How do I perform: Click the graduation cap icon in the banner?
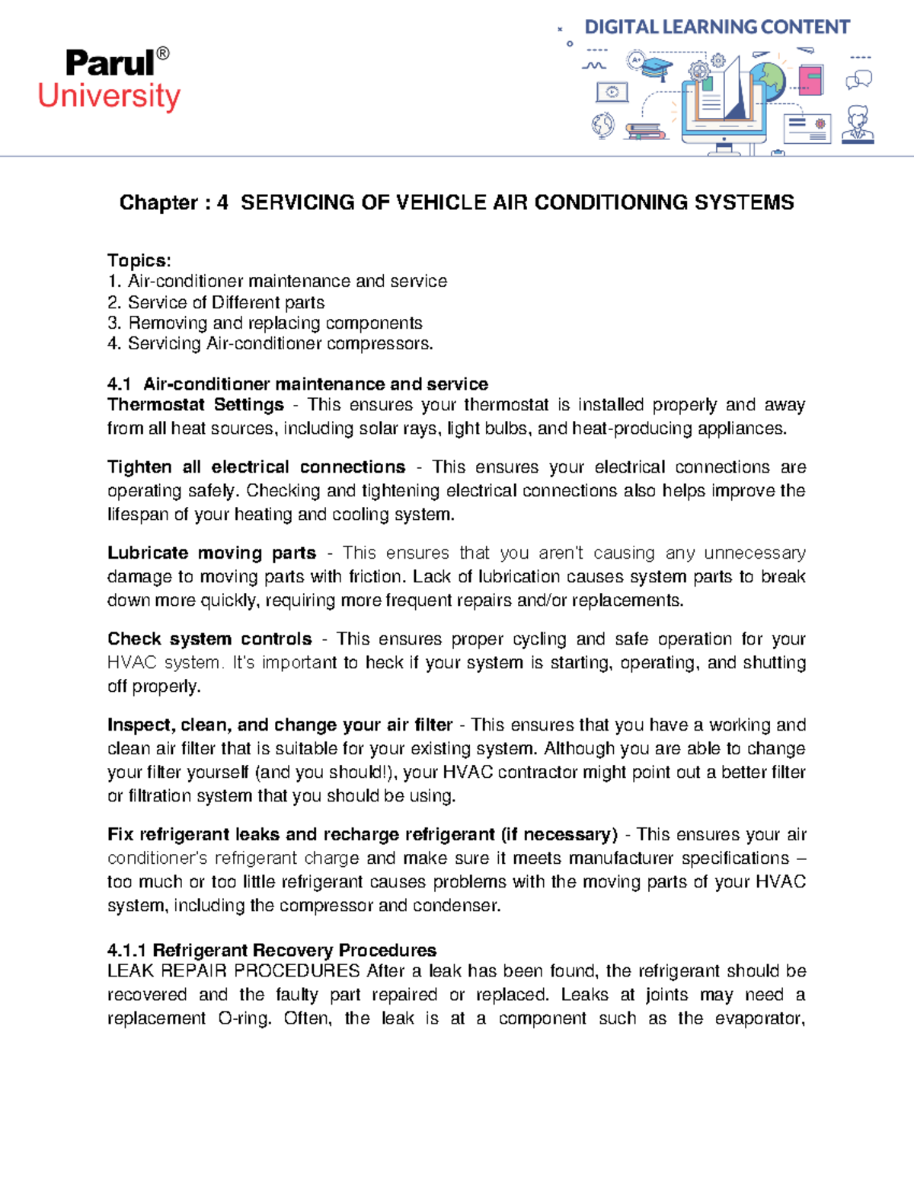(656, 67)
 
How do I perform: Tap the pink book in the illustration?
(810, 80)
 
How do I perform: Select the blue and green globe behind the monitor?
(768, 78)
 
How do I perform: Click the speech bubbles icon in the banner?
(859, 79)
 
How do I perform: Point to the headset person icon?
(858, 125)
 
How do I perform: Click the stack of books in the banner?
(646, 132)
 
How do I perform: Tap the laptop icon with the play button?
(612, 92)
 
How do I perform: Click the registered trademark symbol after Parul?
(162, 54)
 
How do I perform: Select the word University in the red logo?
(109, 97)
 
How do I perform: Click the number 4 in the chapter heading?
(222, 202)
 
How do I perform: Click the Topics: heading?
(139, 260)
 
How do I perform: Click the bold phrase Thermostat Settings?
(195, 405)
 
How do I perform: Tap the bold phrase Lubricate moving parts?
(211, 553)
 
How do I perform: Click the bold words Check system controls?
(209, 639)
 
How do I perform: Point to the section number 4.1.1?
(126, 950)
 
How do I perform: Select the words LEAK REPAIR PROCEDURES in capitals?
(233, 971)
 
